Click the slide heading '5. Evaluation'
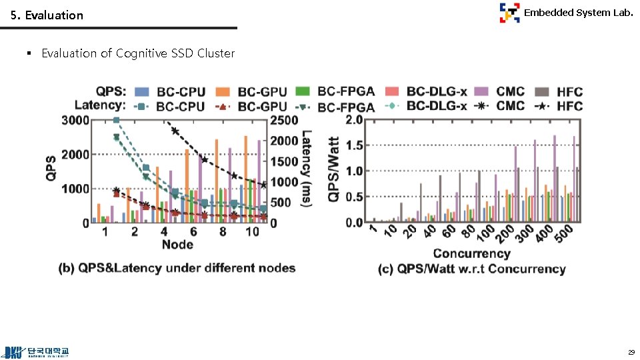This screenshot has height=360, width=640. (47, 15)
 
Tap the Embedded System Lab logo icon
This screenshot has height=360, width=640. (509, 13)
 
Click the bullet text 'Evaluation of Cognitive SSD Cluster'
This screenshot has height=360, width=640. (138, 53)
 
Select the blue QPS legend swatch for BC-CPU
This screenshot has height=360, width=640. (142, 91)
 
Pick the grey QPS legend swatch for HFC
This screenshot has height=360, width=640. (543, 91)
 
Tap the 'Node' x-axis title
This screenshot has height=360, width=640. (177, 245)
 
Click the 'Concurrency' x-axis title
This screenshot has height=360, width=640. (471, 253)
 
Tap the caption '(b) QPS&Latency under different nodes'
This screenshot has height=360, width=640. (177, 268)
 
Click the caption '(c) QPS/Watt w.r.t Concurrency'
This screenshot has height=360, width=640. (471, 269)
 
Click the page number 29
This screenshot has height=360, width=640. (630, 351)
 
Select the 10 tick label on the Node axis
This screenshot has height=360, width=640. (253, 231)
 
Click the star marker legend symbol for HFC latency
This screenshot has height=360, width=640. (543, 106)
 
